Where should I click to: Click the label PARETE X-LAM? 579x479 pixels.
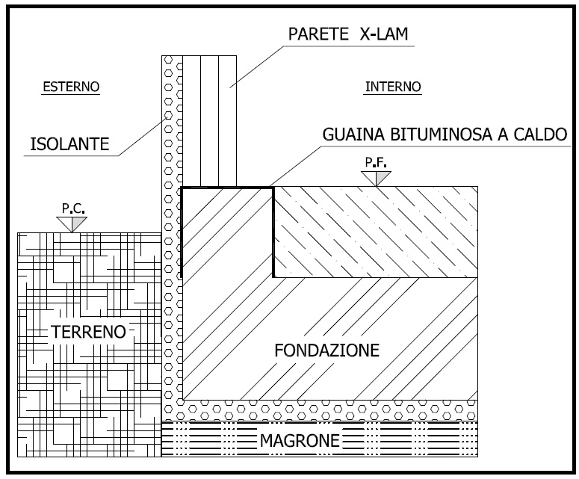click(x=348, y=34)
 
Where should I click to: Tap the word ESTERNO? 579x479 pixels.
click(x=71, y=87)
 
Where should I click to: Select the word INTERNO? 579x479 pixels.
click(x=393, y=87)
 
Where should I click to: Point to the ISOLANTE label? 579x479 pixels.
click(x=69, y=143)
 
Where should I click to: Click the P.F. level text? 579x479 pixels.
click(x=376, y=162)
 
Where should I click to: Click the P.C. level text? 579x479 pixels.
click(x=73, y=208)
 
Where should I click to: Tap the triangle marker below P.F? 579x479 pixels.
click(x=376, y=178)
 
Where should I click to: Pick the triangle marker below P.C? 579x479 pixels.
click(x=72, y=224)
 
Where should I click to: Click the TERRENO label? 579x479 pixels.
click(x=89, y=332)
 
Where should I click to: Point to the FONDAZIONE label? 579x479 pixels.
click(x=326, y=350)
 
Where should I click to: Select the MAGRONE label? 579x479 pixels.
click(x=300, y=440)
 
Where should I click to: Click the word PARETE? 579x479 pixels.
click(x=318, y=34)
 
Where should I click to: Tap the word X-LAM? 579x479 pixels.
click(x=384, y=34)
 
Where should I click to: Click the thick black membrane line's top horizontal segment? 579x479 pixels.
click(x=227, y=188)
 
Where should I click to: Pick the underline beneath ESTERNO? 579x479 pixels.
click(x=70, y=95)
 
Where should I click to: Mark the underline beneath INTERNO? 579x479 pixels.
click(x=392, y=95)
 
